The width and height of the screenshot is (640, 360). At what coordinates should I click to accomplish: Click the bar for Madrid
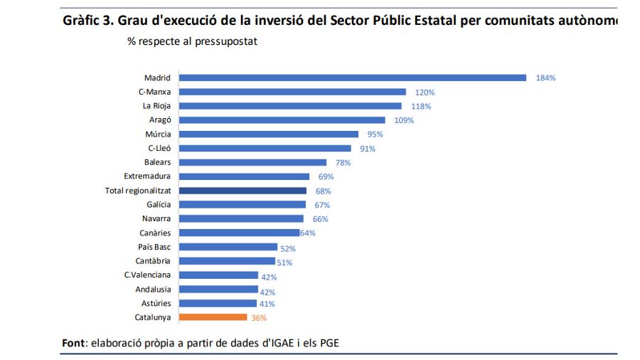352,78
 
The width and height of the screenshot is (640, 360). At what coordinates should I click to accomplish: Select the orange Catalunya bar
213,317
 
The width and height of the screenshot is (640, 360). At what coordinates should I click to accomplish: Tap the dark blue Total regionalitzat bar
242,191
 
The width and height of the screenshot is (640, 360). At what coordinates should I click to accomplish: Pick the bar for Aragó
282,120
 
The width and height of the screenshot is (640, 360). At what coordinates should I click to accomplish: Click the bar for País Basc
228,247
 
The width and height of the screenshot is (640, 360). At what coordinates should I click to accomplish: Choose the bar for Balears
252,162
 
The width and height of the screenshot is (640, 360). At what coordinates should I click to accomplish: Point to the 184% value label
545,78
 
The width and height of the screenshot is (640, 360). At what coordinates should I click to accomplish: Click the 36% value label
259,318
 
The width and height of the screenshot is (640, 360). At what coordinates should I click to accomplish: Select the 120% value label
425,92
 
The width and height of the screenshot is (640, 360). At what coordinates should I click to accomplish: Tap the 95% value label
375,134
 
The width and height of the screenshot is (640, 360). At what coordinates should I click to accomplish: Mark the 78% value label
343,163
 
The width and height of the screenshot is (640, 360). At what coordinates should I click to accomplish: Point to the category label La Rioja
156,106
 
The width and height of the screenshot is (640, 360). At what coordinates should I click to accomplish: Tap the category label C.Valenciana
147,275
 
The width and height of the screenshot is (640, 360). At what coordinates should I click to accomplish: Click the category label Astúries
155,303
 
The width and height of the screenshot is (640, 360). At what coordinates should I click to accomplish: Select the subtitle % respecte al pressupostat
192,41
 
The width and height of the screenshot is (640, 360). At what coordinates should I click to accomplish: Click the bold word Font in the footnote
73,344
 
